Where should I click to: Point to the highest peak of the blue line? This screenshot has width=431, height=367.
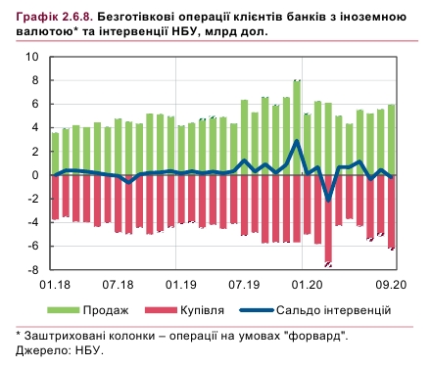(x=297, y=141)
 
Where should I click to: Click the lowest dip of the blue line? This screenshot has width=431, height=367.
(x=328, y=200)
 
